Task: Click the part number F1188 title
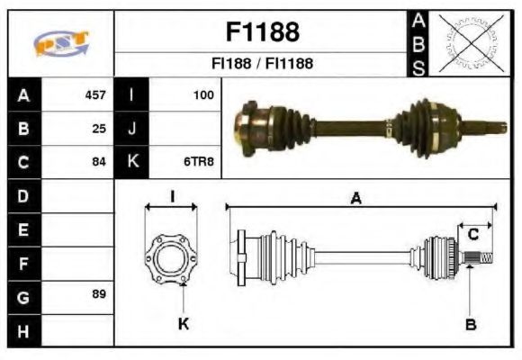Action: pyautogui.click(x=261, y=32)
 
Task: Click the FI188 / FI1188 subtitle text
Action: pyautogui.click(x=261, y=64)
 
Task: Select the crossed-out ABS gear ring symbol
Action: pyautogui.click(x=467, y=42)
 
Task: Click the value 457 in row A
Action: pyautogui.click(x=94, y=94)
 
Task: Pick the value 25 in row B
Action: pyautogui.click(x=99, y=128)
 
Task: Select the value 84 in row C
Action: pyautogui.click(x=99, y=162)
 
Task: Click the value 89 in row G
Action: pyautogui.click(x=99, y=294)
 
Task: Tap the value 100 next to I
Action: pyautogui.click(x=203, y=94)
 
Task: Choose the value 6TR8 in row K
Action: pyautogui.click(x=200, y=162)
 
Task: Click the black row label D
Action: pyautogui.click(x=23, y=195)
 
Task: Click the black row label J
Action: pyautogui.click(x=131, y=128)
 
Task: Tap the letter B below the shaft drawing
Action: pyautogui.click(x=470, y=324)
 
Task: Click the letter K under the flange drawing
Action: pyautogui.click(x=183, y=324)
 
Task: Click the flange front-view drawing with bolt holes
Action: pyautogui.click(x=171, y=256)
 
